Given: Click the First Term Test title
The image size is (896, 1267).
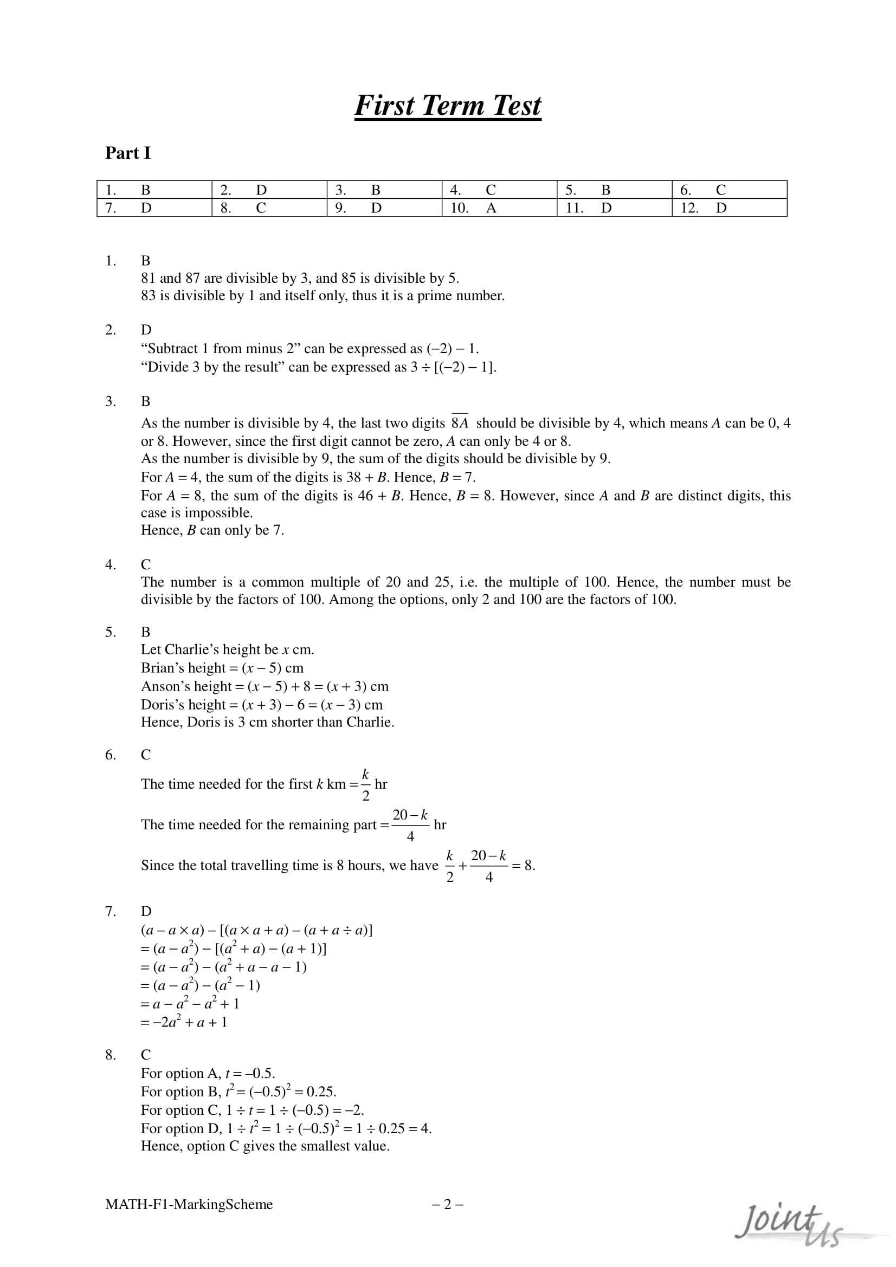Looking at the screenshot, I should (447, 106).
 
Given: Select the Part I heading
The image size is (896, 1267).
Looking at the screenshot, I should (127, 153).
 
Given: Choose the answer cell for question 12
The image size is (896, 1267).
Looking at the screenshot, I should (729, 208).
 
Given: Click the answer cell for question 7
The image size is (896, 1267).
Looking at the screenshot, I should (154, 208).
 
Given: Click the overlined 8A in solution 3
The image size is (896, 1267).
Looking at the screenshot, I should (459, 423).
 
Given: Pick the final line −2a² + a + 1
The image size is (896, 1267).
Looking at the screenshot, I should (184, 1022).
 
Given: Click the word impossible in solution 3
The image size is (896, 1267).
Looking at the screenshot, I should (218, 512).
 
